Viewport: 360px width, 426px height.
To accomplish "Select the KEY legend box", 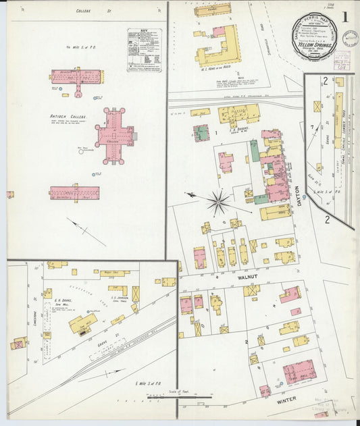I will click(x=145, y=50).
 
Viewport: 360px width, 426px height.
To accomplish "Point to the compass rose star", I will click(x=218, y=201).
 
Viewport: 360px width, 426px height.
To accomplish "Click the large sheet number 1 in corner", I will click(x=345, y=17).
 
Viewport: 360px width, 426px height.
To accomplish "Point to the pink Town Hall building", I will click(x=299, y=371).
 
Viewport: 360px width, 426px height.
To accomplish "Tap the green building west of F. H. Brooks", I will click(x=201, y=132).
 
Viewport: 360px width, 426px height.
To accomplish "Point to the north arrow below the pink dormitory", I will click(x=86, y=231).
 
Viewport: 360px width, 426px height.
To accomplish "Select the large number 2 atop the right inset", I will click(x=325, y=82).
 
